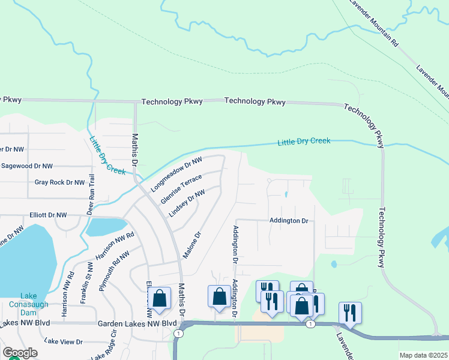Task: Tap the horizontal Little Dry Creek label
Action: [304, 142]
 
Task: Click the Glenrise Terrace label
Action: [181, 190]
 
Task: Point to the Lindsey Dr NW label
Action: [187, 203]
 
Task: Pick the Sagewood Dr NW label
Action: [26, 166]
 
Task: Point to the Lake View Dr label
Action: [62, 341]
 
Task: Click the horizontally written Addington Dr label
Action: [288, 221]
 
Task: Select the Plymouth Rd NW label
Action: [116, 268]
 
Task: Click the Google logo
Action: [20, 353]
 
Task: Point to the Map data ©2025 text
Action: [423, 355]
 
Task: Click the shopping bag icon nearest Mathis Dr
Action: [160, 298]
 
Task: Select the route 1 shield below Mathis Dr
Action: [178, 333]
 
